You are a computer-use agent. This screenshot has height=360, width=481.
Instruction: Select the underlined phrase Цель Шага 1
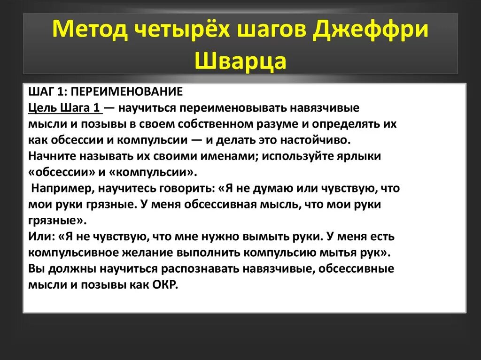[64, 108]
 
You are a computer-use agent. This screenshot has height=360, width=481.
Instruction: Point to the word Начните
[51, 156]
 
